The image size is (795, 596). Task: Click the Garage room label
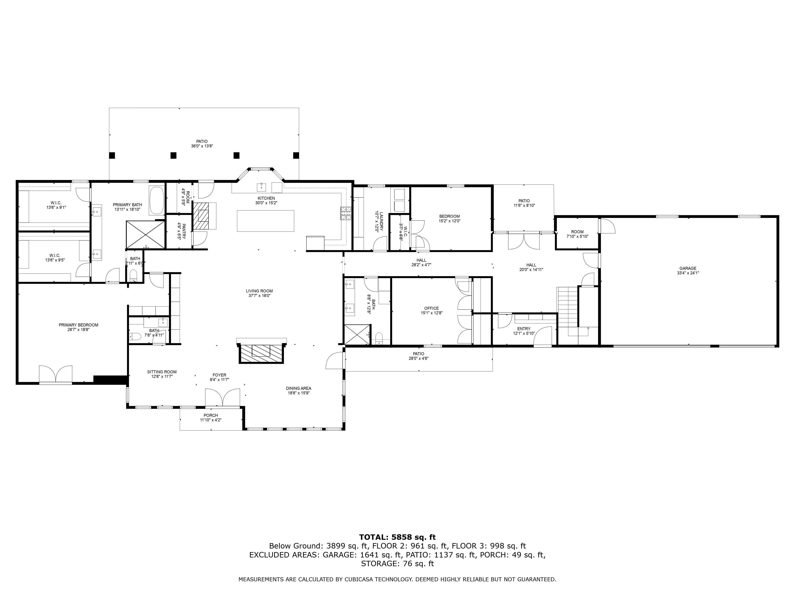(x=687, y=268)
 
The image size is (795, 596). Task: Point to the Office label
(x=431, y=308)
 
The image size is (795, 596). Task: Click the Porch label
(x=211, y=415)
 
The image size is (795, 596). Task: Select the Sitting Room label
(x=162, y=372)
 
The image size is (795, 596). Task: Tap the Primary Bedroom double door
(x=56, y=375)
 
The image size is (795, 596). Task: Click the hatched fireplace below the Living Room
(x=261, y=353)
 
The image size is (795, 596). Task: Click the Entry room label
(x=524, y=329)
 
